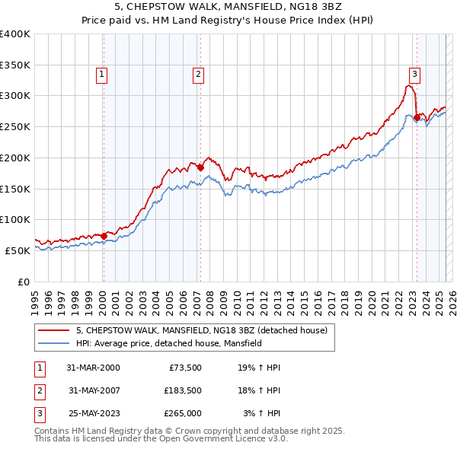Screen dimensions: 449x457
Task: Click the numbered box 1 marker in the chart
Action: [101, 75]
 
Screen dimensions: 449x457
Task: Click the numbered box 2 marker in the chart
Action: [197, 75]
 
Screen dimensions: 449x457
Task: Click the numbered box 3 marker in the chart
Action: [414, 75]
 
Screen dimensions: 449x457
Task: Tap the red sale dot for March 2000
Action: [104, 236]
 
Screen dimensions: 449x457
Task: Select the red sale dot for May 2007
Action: [200, 167]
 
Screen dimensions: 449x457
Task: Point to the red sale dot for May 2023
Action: [416, 117]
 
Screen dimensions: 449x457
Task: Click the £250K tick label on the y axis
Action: [15, 126]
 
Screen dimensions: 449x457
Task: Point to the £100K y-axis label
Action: [15, 219]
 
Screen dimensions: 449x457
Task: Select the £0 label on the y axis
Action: [23, 282]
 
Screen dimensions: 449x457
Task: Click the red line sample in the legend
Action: [53, 330]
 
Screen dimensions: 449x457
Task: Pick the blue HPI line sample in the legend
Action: [53, 343]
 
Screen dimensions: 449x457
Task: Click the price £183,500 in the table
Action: [183, 390]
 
